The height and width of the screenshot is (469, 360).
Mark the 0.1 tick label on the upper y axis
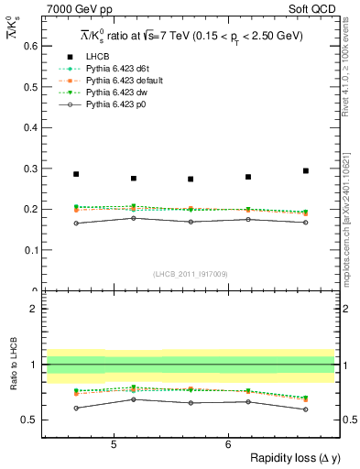point(28,250)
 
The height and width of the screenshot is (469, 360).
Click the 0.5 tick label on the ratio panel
point(28,420)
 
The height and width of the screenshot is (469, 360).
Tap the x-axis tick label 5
point(114,444)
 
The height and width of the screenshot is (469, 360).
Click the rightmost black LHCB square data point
point(306,170)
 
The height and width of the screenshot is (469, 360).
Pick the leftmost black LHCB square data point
point(76,174)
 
